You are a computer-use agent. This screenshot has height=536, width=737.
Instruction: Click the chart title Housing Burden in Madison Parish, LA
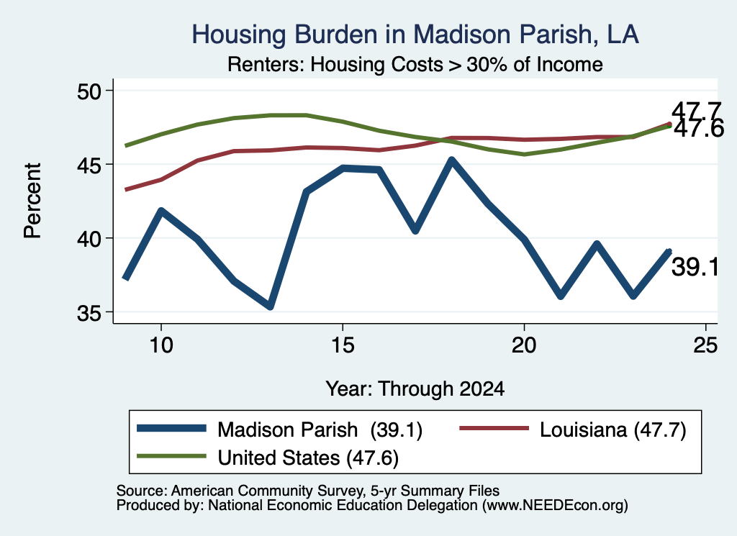[415, 35]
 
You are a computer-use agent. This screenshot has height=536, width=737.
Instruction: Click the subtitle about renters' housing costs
[415, 64]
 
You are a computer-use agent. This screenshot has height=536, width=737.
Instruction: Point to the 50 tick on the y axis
[89, 91]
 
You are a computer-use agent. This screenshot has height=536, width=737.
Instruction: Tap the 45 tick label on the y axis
[89, 165]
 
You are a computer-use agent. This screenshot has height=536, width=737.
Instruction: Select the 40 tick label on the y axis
[89, 239]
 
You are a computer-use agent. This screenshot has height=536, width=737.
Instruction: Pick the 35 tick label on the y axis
[89, 313]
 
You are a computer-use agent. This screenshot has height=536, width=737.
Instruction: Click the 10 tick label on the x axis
[161, 345]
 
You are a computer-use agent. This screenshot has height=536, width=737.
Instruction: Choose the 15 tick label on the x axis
[343, 345]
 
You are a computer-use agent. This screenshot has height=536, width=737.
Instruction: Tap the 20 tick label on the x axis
[524, 345]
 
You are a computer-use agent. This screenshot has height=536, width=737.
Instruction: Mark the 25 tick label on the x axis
[705, 345]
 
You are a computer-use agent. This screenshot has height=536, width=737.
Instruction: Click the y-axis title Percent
[32, 201]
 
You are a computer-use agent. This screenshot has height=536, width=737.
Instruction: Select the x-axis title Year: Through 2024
[415, 389]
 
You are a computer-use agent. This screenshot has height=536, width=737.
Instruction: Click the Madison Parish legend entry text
[320, 430]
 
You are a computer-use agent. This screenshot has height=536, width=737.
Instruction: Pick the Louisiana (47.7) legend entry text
[613, 430]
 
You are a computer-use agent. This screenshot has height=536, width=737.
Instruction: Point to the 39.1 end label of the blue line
[695, 268]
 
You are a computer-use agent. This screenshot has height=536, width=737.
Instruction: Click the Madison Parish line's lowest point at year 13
[270, 306]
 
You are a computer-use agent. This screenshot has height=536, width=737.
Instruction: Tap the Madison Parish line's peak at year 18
[451, 161]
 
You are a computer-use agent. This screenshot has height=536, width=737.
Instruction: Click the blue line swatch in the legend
[171, 428]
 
